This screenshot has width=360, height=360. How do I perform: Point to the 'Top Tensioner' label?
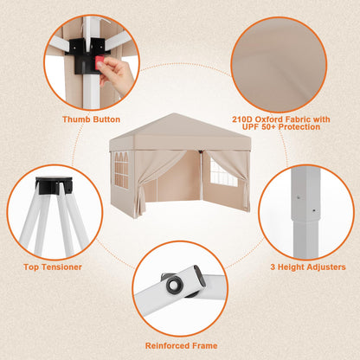pyautogui.click(x=52, y=267)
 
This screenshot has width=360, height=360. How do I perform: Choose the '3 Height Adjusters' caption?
pyautogui.click(x=308, y=267)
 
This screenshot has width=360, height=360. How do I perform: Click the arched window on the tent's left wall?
pyautogui.click(x=121, y=169)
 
